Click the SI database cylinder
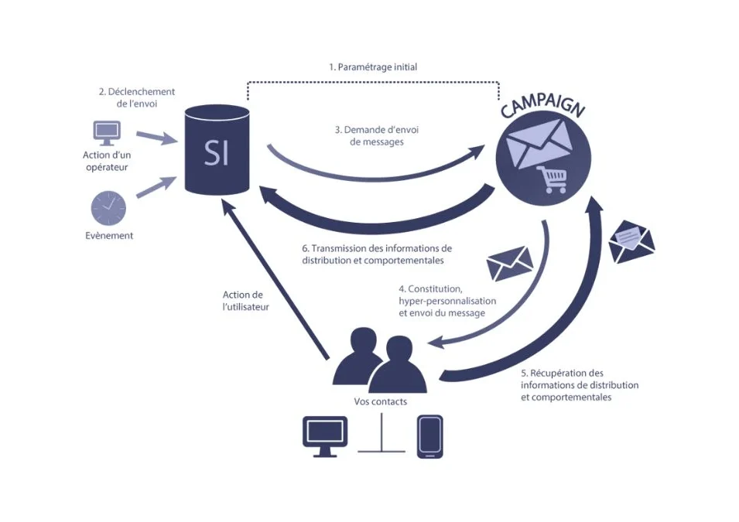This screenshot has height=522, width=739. click(217, 149)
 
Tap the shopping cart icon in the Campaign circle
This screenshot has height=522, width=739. click(552, 179)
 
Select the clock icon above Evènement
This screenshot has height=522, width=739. click(108, 208)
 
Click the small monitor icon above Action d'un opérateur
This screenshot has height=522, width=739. click(107, 133)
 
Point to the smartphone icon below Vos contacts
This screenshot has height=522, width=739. click(429, 437)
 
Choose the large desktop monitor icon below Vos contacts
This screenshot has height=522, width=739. click(325, 437)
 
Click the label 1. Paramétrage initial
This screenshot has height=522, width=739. click(373, 67)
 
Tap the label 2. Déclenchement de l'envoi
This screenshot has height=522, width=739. click(137, 97)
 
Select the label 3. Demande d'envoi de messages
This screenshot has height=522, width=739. click(377, 135)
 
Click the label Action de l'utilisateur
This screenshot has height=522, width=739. click(245, 301)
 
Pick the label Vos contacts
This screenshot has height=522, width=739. click(381, 402)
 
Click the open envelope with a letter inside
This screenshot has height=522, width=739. click(631, 241)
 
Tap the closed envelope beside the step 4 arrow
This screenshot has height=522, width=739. click(509, 263)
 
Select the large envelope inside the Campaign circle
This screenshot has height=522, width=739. click(539, 143)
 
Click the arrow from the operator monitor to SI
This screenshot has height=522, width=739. click(157, 138)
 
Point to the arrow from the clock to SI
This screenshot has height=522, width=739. click(157, 186)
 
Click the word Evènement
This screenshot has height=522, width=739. click(109, 236)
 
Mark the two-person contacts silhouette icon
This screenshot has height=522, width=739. click(380, 360)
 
